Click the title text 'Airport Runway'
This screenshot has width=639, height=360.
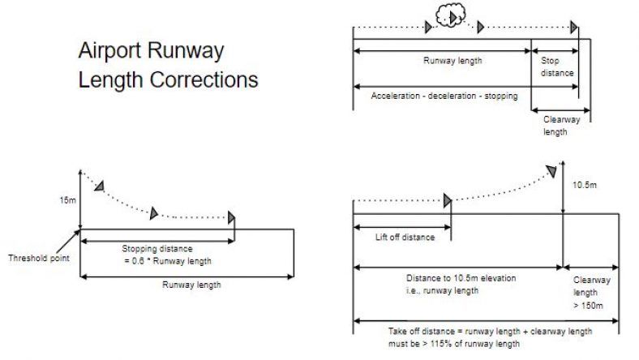coord(151,51)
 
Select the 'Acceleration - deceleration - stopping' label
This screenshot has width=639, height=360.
coord(443,96)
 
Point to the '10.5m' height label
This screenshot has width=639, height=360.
coord(585,186)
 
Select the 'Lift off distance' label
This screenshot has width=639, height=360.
coord(405,238)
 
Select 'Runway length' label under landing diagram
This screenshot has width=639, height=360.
coord(191,285)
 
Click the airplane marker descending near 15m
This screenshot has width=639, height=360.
coord(99,186)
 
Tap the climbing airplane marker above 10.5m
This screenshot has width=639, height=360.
coord(551,170)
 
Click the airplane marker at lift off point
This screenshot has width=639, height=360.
coord(447,201)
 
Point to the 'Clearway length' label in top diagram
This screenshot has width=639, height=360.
coord(555,125)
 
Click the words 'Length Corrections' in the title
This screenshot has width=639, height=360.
coord(168,80)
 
